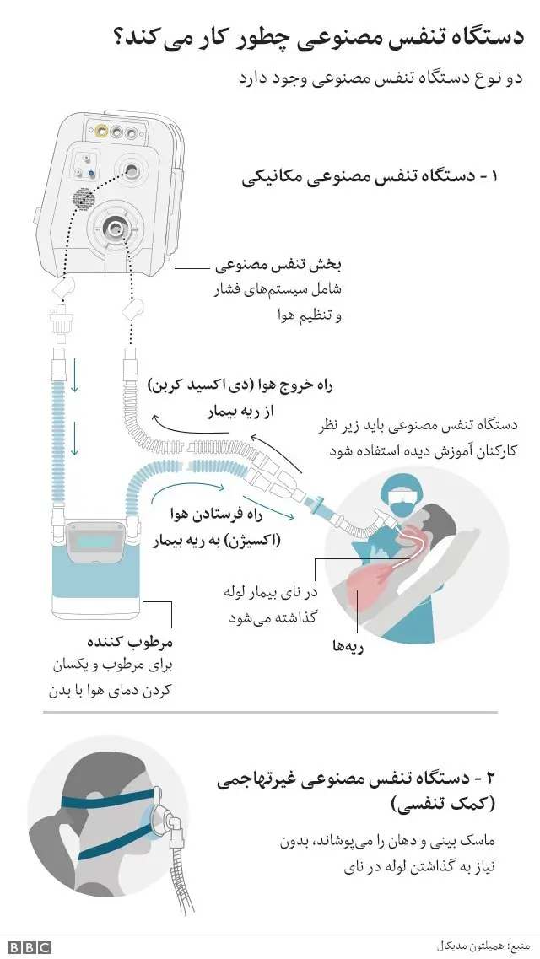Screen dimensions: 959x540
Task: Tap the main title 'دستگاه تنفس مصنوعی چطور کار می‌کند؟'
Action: tap(317, 37)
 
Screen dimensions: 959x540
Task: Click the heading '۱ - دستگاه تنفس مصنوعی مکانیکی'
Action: tap(370, 178)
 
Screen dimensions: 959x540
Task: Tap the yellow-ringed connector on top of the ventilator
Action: tap(101, 132)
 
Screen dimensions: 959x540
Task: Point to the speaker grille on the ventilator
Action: tap(83, 199)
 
